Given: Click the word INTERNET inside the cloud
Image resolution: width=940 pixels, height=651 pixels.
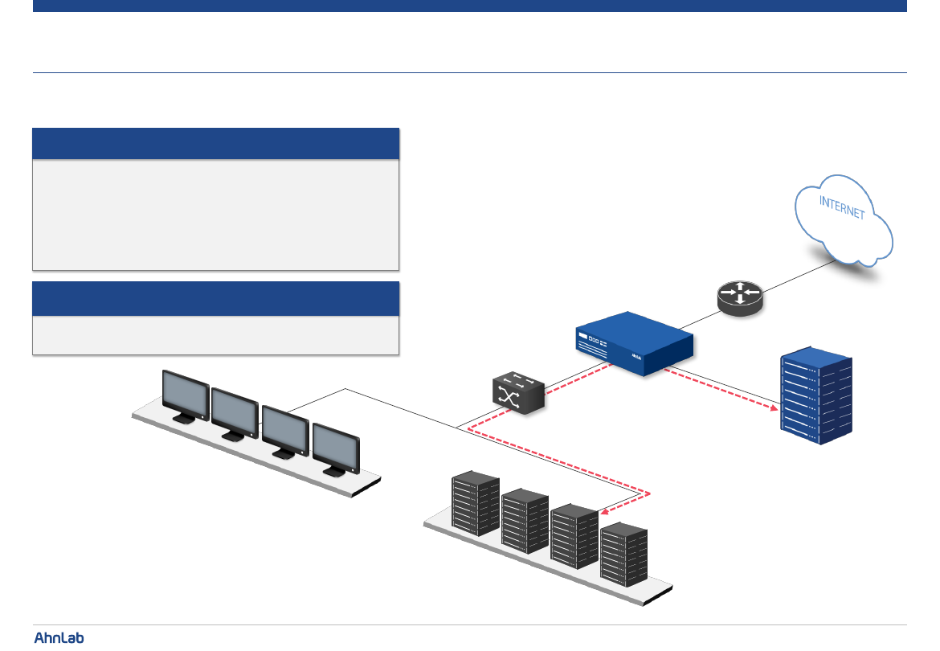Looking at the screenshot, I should click(x=842, y=207).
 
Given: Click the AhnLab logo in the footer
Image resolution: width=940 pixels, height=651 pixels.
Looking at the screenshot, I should click(x=59, y=637).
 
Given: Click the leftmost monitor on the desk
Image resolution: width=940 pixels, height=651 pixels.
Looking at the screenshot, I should click(x=186, y=395).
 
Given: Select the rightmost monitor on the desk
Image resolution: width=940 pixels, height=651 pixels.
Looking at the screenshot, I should click(x=337, y=447).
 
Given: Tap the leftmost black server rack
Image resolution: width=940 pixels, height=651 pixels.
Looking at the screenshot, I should click(x=476, y=503).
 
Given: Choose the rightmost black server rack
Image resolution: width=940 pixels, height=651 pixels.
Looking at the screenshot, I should click(x=624, y=555).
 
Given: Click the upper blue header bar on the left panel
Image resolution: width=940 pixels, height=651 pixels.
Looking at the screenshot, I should click(x=215, y=144).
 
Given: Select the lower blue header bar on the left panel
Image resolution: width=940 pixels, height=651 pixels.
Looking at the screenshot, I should click(x=215, y=298).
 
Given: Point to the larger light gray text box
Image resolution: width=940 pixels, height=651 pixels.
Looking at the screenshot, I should click(x=215, y=215).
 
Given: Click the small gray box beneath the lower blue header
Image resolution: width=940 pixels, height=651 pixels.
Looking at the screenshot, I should click(x=215, y=335).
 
